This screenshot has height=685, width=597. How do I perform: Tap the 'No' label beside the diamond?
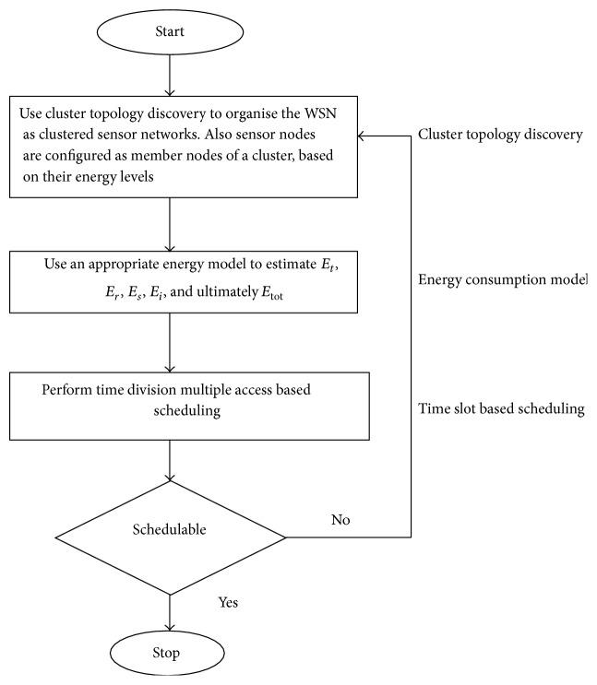tap(340, 520)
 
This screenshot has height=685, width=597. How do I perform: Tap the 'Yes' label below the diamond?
tap(229, 602)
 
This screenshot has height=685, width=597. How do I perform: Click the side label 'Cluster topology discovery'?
tap(500, 135)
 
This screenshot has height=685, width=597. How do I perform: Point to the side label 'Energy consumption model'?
tap(502, 279)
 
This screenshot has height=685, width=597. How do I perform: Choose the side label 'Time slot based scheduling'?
tap(501, 408)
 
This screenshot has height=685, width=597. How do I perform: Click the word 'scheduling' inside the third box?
tap(188, 411)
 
